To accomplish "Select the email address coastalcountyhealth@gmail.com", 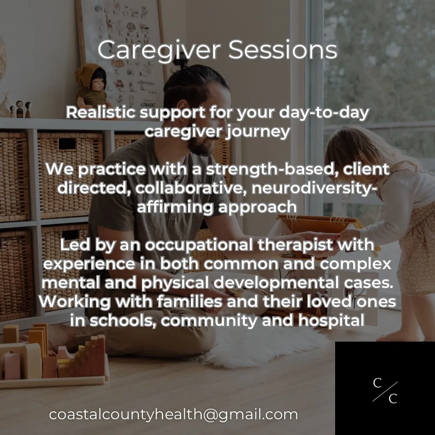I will pos(174,414).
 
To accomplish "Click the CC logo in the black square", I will pos(385,391).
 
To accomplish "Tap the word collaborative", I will pos(189,188).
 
